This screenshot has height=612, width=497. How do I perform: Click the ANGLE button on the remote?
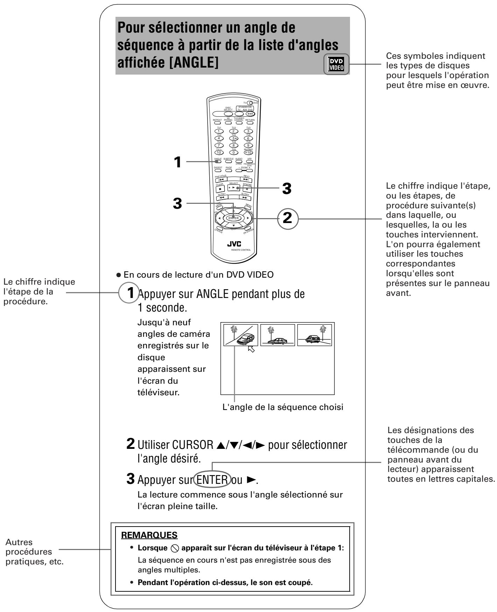[218, 162]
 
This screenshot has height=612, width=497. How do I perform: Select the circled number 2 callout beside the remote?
[287, 217]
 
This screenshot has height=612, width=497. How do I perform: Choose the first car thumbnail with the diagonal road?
[241, 335]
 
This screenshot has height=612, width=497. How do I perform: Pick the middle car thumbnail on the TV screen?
[278, 335]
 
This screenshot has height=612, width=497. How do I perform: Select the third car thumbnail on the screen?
[314, 335]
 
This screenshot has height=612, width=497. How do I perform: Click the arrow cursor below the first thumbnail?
[251, 349]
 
